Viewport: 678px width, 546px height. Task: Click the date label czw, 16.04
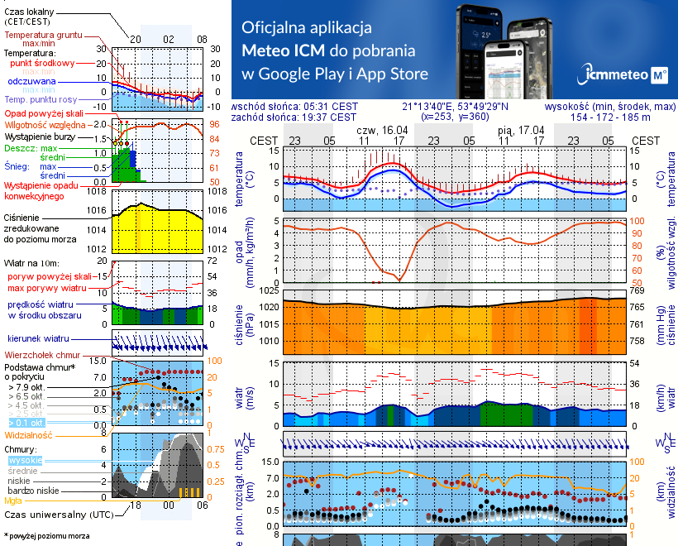[382, 131]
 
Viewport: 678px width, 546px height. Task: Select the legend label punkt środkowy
[40, 63]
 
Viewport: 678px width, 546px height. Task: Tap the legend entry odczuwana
[31, 82]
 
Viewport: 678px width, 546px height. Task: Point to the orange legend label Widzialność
[28, 434]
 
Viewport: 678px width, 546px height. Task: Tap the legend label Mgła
[12, 500]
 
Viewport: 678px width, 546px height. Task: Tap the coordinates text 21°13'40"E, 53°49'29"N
[456, 107]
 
